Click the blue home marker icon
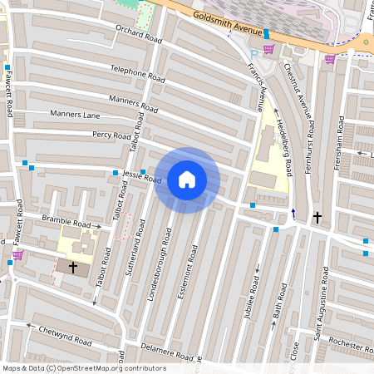[187, 180]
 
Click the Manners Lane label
[75, 114]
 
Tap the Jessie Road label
[141, 176]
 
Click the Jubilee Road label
[254, 284]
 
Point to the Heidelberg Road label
[283, 145]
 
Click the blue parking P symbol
[254, 55]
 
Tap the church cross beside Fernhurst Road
[317, 217]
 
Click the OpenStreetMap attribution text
[83, 368]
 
